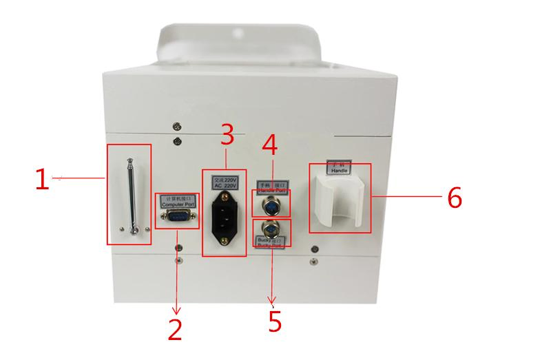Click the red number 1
pyautogui.click(x=42, y=180)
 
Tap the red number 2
pyautogui.click(x=175, y=329)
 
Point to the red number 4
pyautogui.click(x=270, y=144)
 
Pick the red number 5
pyautogui.click(x=274, y=321)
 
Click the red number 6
pyautogui.click(x=454, y=198)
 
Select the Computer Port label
pyautogui.click(x=178, y=202)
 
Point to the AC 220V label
pyautogui.click(x=224, y=183)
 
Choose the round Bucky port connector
pyautogui.click(x=271, y=229)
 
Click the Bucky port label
pyautogui.click(x=271, y=244)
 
